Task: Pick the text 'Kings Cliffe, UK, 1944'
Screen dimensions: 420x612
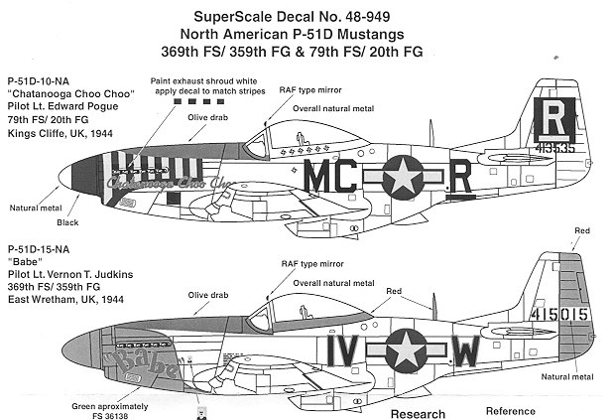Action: coord(61,132)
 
